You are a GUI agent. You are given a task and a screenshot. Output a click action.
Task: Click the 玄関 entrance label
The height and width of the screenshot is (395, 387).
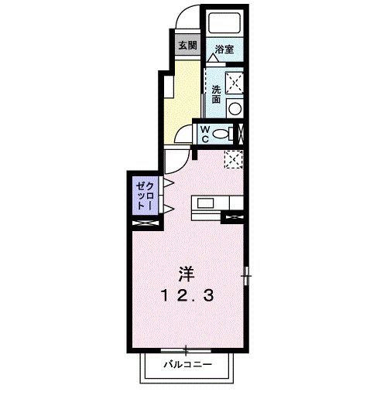(187, 44)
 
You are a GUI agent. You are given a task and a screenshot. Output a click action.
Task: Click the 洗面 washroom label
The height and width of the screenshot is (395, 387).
(216, 94)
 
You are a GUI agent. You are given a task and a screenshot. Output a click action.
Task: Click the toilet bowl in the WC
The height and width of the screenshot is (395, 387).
(224, 134)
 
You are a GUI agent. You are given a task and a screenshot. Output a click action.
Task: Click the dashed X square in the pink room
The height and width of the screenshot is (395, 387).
(234, 158)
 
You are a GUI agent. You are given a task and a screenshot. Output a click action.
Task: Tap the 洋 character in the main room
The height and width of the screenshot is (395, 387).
(187, 273)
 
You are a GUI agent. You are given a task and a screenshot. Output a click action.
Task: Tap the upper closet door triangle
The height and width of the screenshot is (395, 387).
(167, 184)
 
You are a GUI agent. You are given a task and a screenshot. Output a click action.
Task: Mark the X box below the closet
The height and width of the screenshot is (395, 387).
(146, 222)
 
